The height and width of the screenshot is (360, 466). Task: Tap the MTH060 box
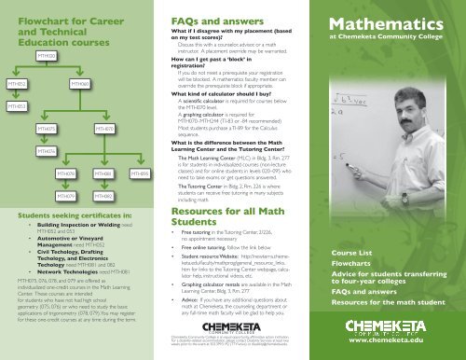pos(81,83)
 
